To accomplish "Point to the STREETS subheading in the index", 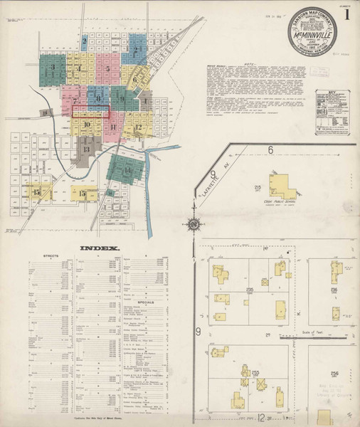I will click(x=51, y=254).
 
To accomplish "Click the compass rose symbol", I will click(x=193, y=226).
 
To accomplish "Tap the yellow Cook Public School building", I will click(x=282, y=187).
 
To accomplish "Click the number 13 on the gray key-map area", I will click(x=87, y=149).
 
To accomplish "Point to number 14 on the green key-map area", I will click(x=127, y=172).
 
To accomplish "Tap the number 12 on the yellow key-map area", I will click(x=139, y=128).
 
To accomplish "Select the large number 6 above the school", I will click(x=270, y=149).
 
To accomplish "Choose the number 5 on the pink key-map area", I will click(x=107, y=69).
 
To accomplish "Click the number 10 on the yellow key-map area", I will click(x=87, y=125).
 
